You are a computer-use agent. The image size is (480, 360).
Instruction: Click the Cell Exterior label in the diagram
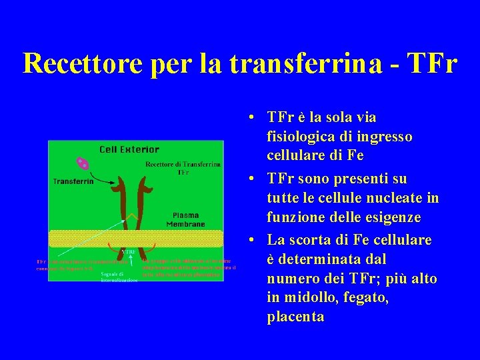[129, 149]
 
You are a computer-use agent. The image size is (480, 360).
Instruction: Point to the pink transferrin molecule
[83, 163]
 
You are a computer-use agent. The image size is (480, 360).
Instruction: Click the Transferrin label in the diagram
[73, 181]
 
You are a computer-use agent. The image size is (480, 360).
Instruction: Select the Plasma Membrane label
[189, 219]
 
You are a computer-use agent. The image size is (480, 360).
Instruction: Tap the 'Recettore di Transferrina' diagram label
[183, 167]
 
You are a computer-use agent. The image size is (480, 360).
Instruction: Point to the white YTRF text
[129, 251]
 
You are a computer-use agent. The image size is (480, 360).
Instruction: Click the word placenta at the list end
[295, 317]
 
